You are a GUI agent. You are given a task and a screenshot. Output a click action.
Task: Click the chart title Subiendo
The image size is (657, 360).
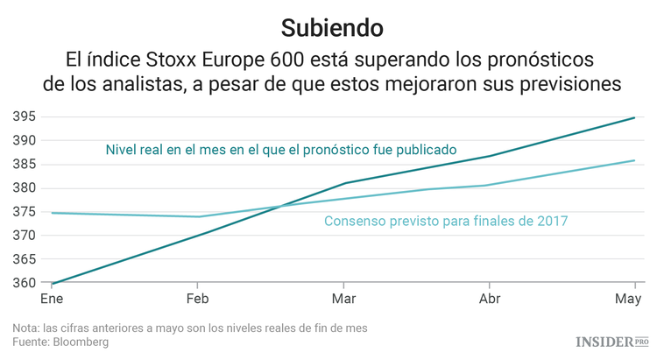click(332, 27)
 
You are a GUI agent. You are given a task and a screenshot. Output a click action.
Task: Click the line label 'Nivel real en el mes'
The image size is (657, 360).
click(280, 150)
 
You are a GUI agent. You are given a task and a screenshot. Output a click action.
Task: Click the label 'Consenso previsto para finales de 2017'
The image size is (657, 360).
click(446, 222)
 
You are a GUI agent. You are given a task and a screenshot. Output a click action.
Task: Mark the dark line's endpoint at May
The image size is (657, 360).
click(634, 117)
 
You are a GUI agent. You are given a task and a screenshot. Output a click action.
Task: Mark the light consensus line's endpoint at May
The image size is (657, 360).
click(634, 160)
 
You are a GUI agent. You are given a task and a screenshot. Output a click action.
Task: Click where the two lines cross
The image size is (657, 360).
click(279, 207)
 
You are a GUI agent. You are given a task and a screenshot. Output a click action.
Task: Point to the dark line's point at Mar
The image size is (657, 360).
click(345, 183)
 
